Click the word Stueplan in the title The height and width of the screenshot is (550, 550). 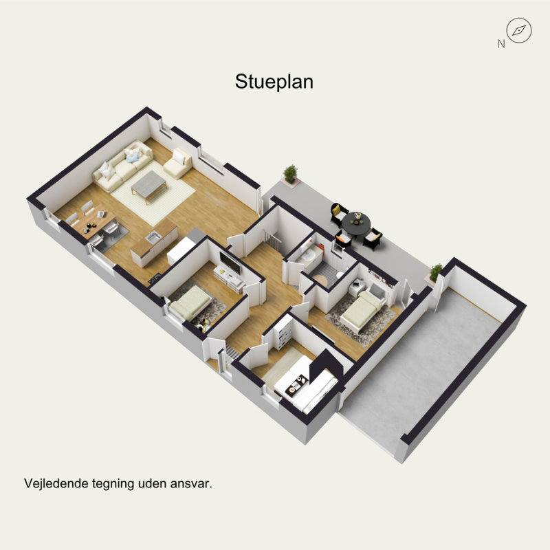point(274,82)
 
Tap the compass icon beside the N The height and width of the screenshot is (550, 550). point(518,30)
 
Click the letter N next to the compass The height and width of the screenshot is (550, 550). point(500,44)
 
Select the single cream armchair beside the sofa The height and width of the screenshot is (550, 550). point(178,164)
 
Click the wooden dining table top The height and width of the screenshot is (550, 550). point(91,221)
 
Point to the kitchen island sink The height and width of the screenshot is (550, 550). point(153,238)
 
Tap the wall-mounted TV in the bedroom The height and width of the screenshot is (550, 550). point(230,262)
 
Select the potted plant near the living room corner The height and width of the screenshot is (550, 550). point(291,175)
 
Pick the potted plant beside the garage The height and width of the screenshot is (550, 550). point(436,272)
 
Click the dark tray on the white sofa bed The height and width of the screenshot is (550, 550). point(298,388)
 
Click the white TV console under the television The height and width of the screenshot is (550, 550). point(228,278)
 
